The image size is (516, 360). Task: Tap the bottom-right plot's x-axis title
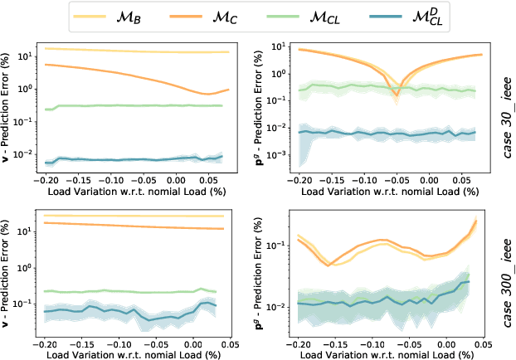(387, 353)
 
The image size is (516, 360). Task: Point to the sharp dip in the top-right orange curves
(396, 97)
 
